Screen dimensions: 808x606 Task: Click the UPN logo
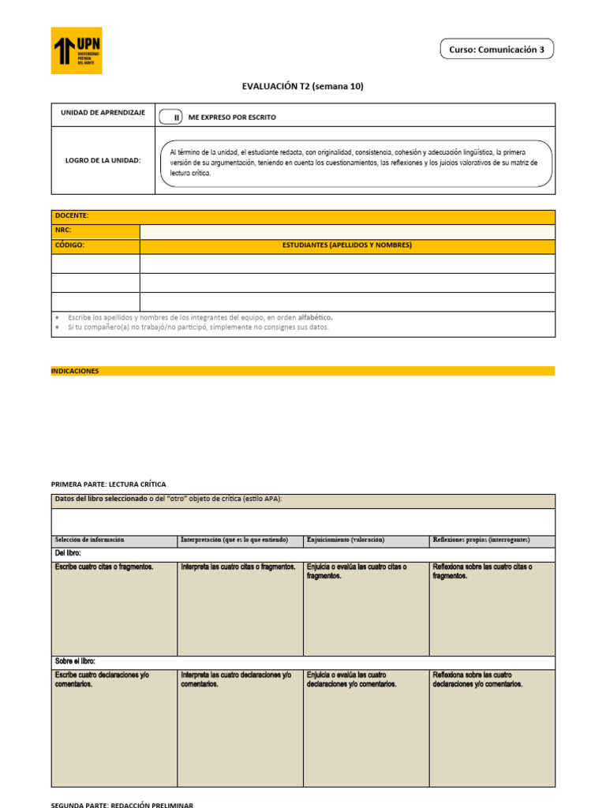77,50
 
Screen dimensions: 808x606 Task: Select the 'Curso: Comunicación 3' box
496,49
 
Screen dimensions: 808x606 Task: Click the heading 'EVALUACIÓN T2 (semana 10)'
302,87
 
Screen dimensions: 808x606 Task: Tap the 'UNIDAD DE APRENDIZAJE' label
103,114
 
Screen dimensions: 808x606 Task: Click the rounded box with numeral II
170,118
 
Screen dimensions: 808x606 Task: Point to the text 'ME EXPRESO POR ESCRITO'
232,118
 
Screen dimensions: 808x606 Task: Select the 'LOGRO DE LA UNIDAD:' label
103,160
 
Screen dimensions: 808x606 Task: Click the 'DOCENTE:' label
72,215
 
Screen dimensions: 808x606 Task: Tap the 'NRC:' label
63,230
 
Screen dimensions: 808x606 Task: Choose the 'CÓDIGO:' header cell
69,245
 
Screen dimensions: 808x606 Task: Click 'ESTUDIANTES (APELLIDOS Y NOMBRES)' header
347,245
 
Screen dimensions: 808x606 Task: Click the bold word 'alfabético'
315,317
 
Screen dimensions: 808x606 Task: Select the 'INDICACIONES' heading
75,371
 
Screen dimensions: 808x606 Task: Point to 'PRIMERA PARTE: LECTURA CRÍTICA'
108,484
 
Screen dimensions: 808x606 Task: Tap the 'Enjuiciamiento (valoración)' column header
345,540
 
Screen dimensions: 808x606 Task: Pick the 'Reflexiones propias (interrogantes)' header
481,540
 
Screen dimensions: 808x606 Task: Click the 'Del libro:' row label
68,554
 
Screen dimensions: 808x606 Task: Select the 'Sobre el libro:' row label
75,661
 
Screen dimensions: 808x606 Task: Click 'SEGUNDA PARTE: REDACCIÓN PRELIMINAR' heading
122,804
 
